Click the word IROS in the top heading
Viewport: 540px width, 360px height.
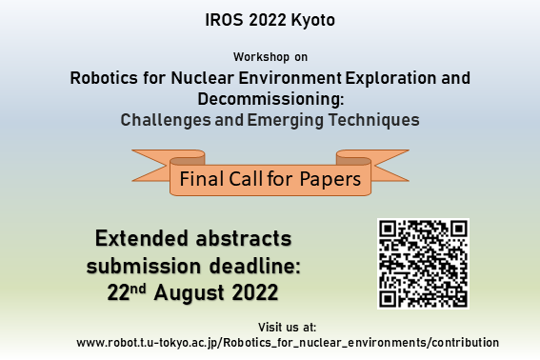[222, 20]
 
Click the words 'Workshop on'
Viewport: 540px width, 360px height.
[270, 57]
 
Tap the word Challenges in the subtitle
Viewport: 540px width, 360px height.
[169, 120]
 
